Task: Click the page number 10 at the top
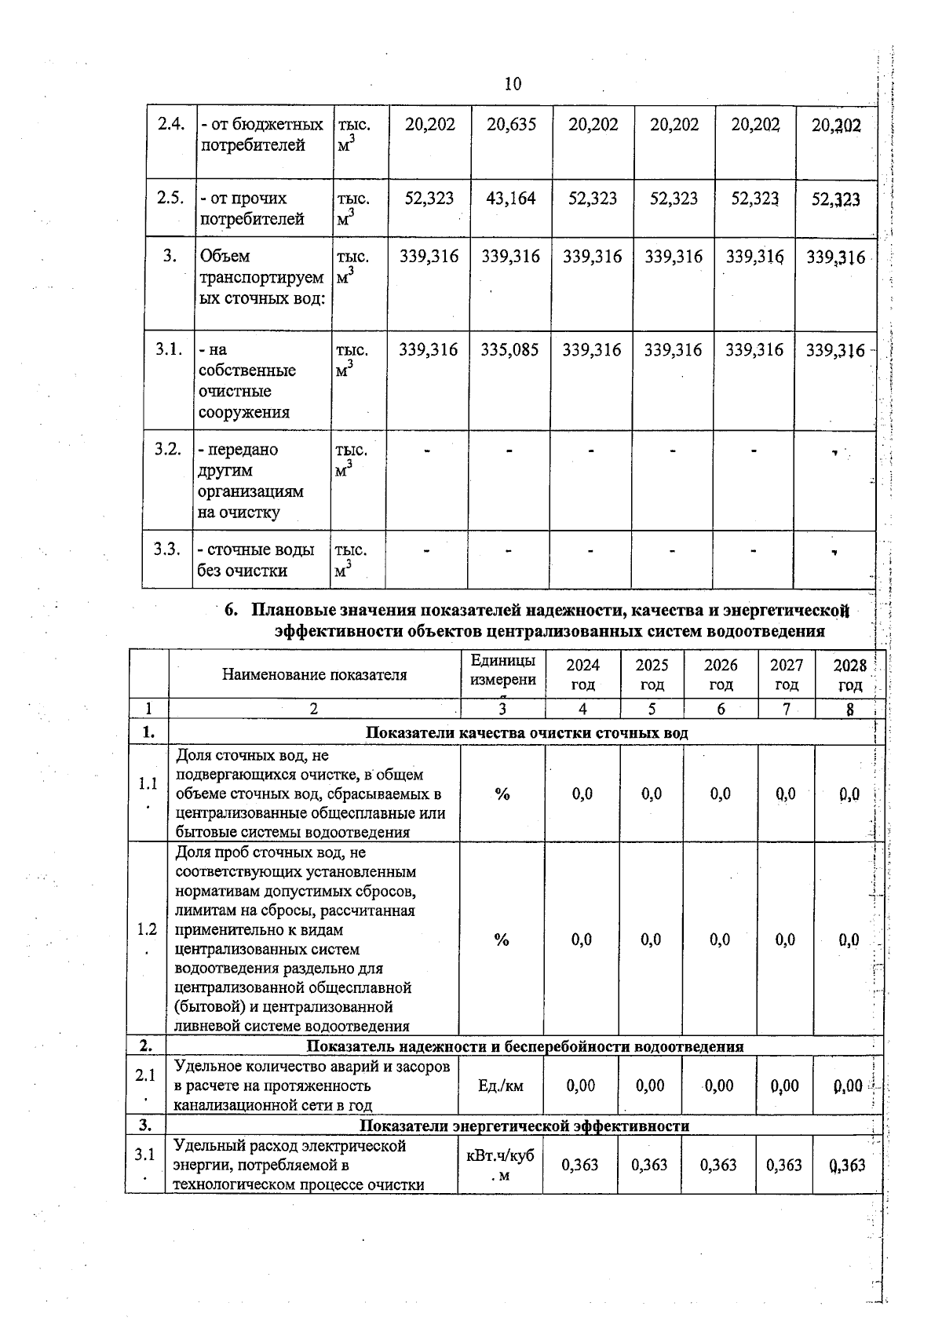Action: click(x=513, y=84)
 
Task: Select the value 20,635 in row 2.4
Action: click(x=511, y=125)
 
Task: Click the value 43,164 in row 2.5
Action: click(x=511, y=199)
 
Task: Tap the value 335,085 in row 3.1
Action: click(x=510, y=350)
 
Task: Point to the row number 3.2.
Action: click(x=168, y=450)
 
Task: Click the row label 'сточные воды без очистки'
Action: click(x=255, y=560)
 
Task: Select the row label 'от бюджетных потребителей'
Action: click(x=261, y=135)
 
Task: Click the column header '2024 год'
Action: click(x=582, y=674)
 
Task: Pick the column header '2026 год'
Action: click(x=721, y=674)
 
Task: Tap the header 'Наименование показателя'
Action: click(x=314, y=674)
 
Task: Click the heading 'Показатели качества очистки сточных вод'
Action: click(x=527, y=732)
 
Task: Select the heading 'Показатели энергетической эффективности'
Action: click(x=524, y=1126)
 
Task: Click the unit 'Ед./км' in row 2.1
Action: click(x=500, y=1086)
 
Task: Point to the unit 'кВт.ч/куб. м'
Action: click(x=500, y=1165)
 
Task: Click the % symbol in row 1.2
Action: click(x=502, y=940)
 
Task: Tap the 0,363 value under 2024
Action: click(x=580, y=1165)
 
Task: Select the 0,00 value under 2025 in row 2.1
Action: click(x=650, y=1086)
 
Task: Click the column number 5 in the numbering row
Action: click(x=652, y=709)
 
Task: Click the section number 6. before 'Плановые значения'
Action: click(x=231, y=611)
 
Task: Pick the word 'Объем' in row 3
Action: click(x=224, y=257)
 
